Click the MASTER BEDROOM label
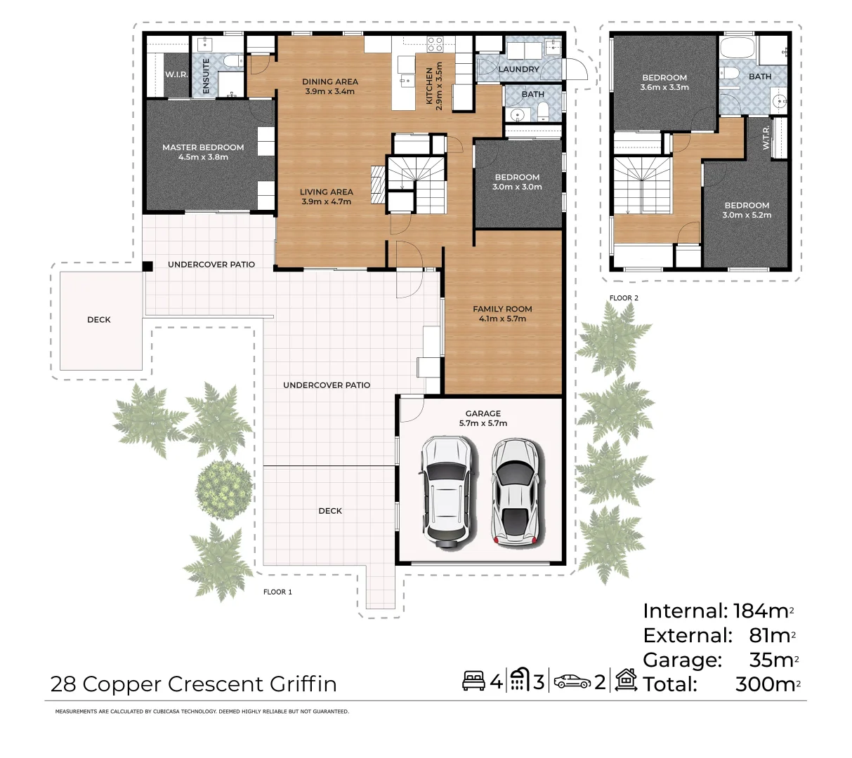click(x=203, y=147)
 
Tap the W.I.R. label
click(x=176, y=75)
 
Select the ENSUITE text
click(x=206, y=76)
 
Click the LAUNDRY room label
click(x=518, y=69)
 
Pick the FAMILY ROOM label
click(x=502, y=310)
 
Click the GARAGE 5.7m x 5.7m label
click(x=483, y=418)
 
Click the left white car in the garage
click(x=447, y=492)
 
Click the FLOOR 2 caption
click(x=624, y=298)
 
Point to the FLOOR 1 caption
click(x=277, y=592)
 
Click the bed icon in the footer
click(x=473, y=681)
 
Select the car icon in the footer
click(x=572, y=681)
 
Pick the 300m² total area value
click(x=768, y=684)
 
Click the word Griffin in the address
click(x=303, y=684)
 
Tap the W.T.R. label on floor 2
click(x=766, y=137)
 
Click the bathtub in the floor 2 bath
click(x=738, y=47)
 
